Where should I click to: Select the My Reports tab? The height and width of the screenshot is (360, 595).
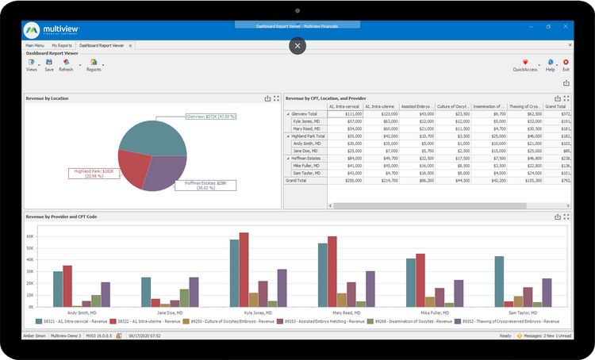pos(61,47)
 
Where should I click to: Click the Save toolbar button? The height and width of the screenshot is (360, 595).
pos(49,65)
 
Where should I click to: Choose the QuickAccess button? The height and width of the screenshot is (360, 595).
pos(525,65)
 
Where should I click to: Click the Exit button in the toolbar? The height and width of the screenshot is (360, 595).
pos(566,65)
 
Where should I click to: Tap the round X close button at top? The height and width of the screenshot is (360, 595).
pos(297,46)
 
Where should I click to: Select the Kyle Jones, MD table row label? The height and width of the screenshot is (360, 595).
pos(307,121)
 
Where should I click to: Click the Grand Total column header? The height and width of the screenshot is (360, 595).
pos(555,105)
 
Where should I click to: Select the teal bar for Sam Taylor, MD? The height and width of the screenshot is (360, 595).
pos(499,281)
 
